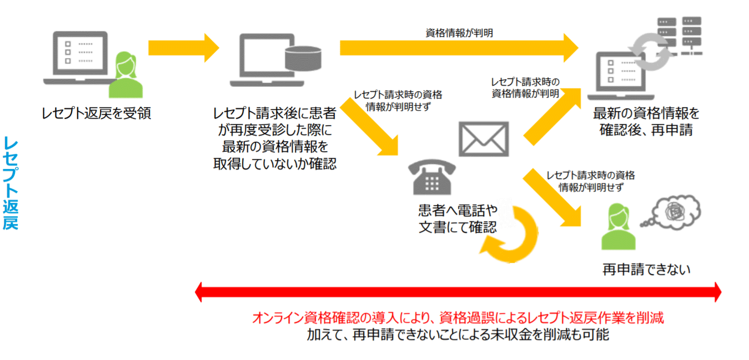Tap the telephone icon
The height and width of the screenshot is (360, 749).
pos(431,176)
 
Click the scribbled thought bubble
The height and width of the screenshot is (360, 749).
pos(672,213)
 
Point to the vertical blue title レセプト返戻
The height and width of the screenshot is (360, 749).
pos(11,182)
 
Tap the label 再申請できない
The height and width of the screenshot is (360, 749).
pos(646,270)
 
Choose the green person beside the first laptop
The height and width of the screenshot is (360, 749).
pos(125,76)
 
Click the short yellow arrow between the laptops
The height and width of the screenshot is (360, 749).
pos(183,48)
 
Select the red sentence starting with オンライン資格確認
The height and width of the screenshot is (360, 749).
pos(458,318)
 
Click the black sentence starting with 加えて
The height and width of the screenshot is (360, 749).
pos(458,335)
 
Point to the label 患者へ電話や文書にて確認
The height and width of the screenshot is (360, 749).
pos(458,219)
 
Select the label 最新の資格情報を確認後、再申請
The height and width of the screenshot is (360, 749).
pos(646,122)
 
